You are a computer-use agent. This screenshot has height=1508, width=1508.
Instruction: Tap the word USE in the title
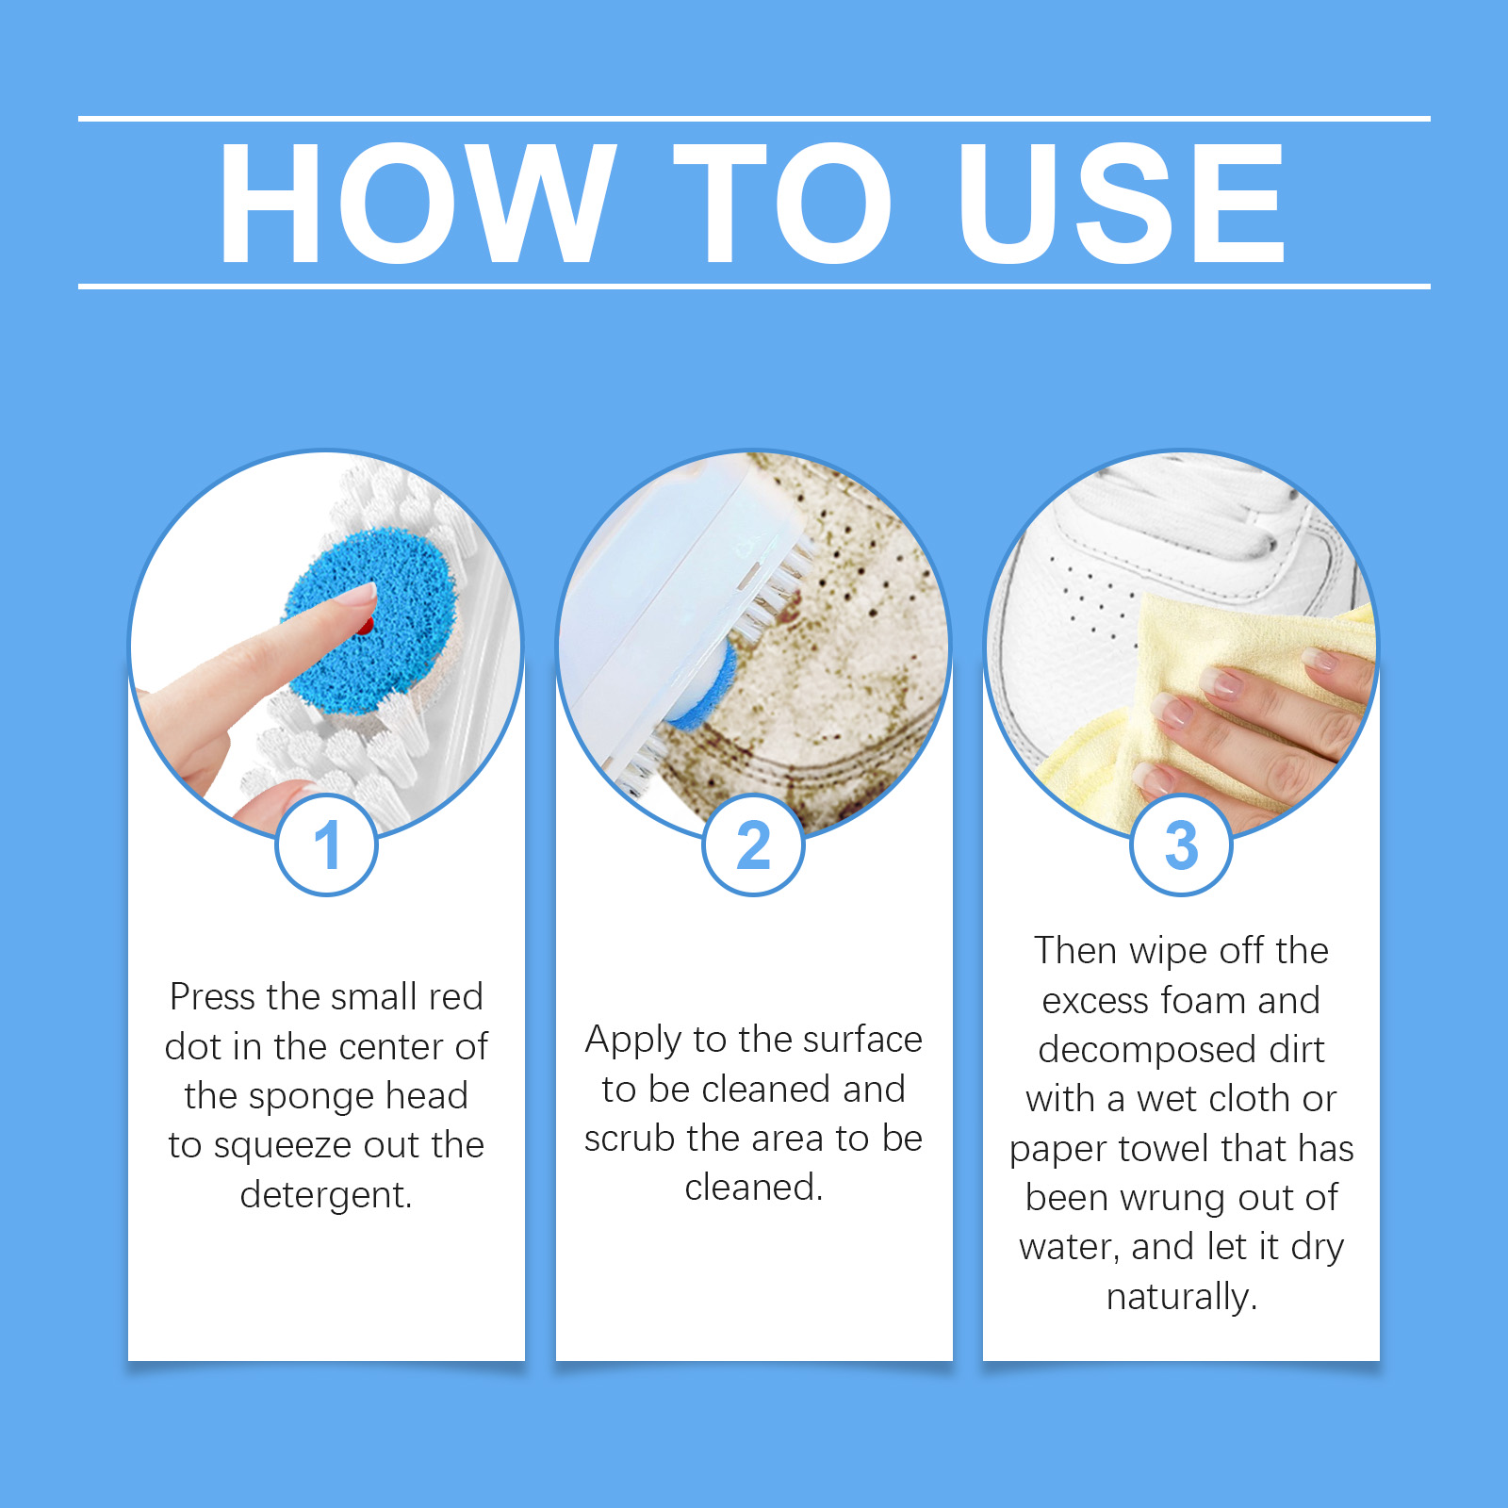click(x=1123, y=203)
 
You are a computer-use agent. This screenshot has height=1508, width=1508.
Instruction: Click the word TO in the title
click(x=782, y=203)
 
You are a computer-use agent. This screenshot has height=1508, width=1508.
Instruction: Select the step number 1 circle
click(x=327, y=844)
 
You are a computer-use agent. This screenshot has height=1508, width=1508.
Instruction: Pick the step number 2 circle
click(x=754, y=844)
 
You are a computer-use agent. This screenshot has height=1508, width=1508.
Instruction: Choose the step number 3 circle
click(x=1181, y=844)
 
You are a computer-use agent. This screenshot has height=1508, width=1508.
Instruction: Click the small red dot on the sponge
click(x=366, y=625)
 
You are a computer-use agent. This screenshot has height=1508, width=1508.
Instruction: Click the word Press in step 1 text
click(x=213, y=996)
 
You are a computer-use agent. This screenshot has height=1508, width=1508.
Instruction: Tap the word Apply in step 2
click(x=633, y=1041)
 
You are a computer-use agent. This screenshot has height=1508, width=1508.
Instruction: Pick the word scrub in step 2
click(x=630, y=1138)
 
